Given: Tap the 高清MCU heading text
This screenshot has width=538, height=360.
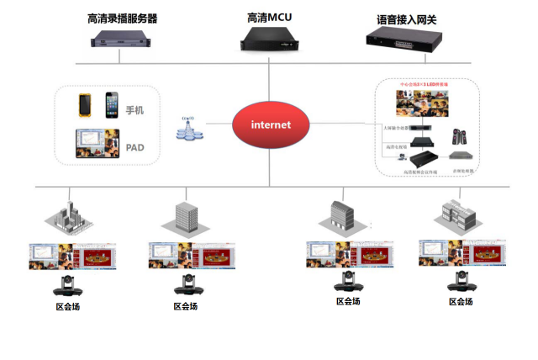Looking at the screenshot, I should (x=269, y=17).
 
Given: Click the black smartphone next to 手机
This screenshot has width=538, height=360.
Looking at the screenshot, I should (x=111, y=105).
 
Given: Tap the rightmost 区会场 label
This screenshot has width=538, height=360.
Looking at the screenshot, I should (x=461, y=301).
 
